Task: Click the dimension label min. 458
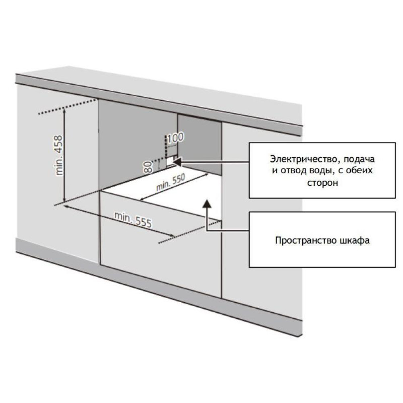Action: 59,155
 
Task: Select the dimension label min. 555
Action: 133,220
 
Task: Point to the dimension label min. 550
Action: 170,182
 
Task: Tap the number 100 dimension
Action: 176,137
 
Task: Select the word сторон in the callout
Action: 322,183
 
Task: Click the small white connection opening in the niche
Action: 170,162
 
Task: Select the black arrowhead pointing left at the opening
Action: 178,162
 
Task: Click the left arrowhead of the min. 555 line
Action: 66,206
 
